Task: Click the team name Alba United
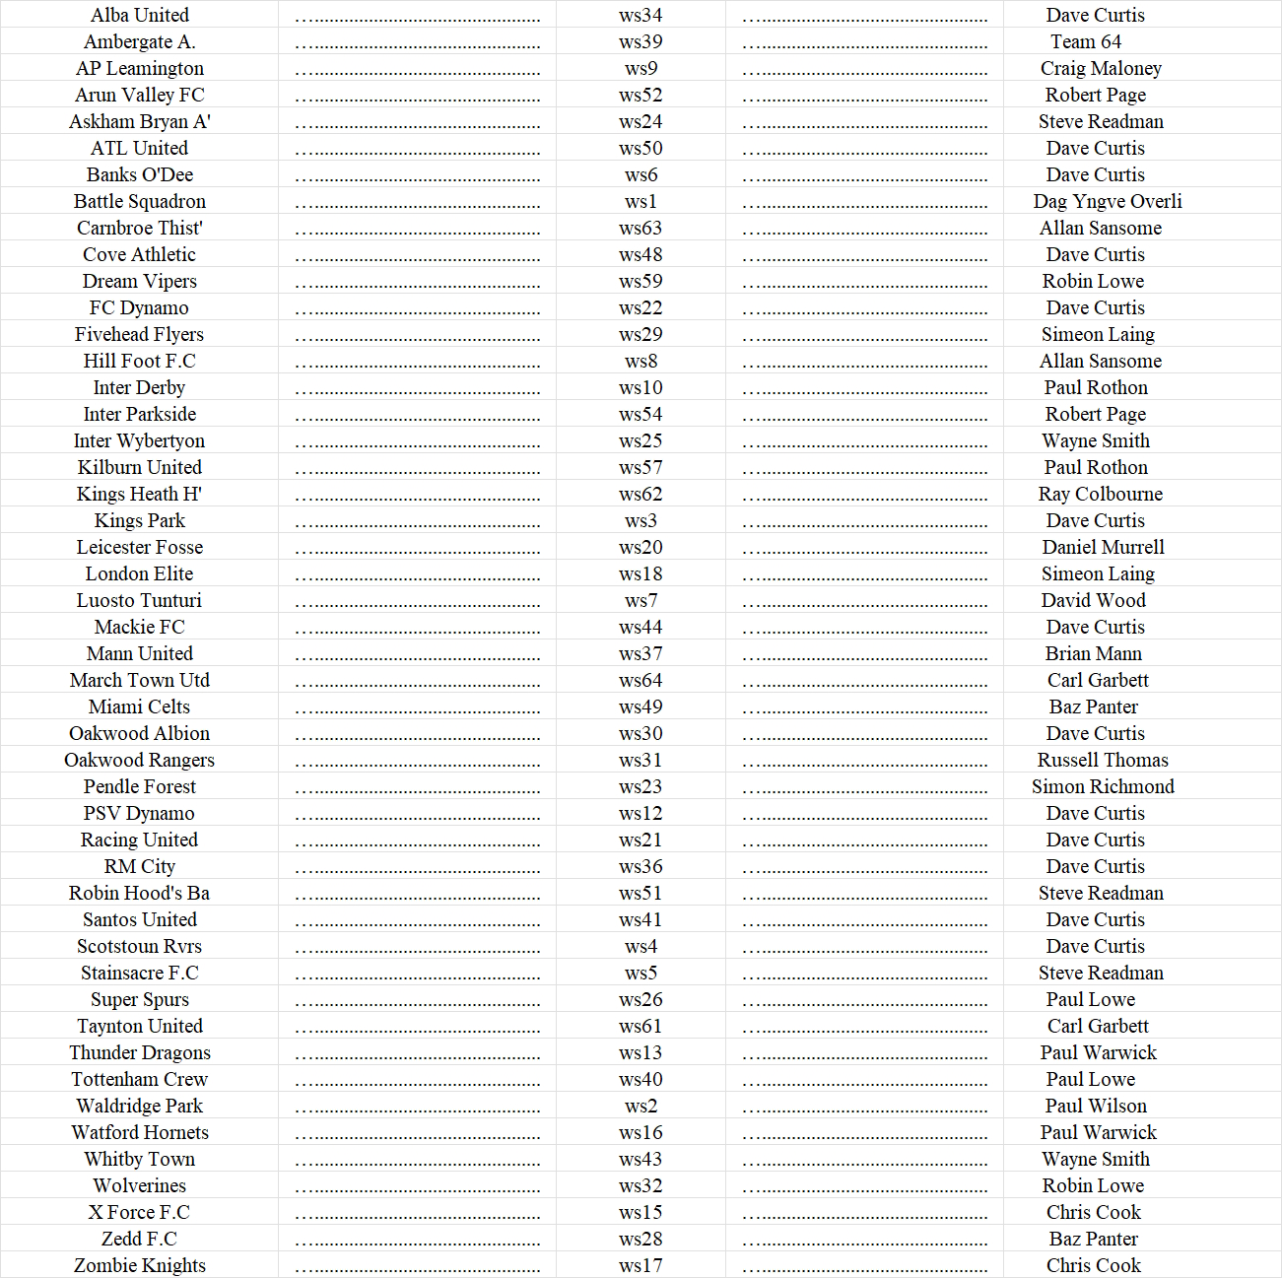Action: tap(140, 15)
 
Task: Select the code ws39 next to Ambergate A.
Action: tap(641, 41)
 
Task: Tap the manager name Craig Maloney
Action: tap(1101, 68)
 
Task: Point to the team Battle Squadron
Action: tap(140, 201)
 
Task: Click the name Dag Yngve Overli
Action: tap(1108, 201)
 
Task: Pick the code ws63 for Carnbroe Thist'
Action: tap(641, 228)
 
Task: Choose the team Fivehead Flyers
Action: tap(140, 334)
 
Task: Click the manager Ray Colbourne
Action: tap(1101, 494)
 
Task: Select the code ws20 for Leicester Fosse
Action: tap(641, 547)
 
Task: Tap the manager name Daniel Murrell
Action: tap(1103, 547)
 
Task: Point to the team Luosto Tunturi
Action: tap(140, 600)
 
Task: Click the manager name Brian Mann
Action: tap(1094, 653)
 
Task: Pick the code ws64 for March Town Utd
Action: tap(641, 680)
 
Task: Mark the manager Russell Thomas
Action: tap(1103, 760)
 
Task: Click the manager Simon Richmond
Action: tap(1103, 786)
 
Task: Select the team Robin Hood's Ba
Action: tap(140, 893)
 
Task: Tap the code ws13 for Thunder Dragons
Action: tap(641, 1052)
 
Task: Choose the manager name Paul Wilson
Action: tap(1096, 1106)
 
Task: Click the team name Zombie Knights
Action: tap(140, 1265)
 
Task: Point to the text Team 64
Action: tap(1086, 41)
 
